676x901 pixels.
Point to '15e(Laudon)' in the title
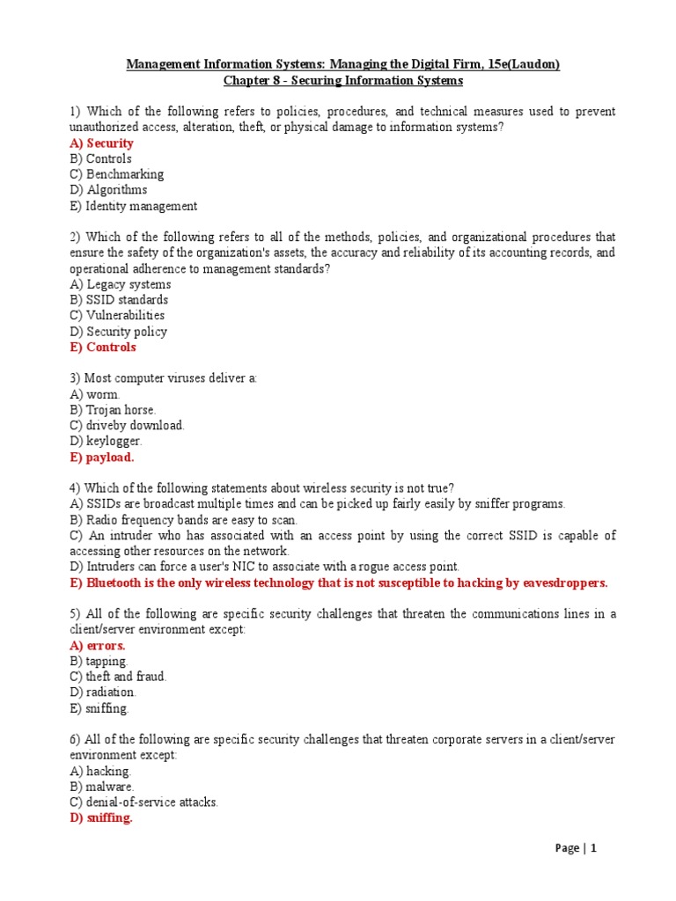(517, 64)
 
